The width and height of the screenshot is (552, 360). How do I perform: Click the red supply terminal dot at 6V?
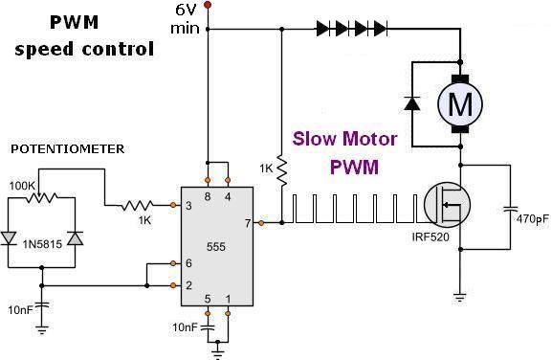208,5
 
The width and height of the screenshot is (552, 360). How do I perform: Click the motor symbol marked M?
460,104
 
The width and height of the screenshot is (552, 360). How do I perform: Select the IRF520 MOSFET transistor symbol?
447,205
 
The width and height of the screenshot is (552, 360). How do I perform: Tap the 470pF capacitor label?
532,219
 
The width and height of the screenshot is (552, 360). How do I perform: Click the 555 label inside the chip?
216,247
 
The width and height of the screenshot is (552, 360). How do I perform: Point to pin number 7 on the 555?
248,223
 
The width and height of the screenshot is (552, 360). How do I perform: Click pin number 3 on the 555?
188,205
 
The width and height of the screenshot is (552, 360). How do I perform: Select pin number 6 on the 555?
188,263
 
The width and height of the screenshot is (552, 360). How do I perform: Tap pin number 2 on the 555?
188,285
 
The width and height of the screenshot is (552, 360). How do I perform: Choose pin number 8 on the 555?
208,196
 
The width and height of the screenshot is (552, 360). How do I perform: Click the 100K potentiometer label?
22,186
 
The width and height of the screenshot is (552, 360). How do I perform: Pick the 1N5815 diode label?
42,244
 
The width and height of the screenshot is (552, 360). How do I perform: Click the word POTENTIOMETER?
68,149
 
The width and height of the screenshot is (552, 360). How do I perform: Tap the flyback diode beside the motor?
412,102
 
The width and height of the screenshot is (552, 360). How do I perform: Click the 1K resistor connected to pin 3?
138,205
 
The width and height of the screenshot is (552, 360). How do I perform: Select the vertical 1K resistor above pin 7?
282,170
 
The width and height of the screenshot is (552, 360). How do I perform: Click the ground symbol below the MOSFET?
460,297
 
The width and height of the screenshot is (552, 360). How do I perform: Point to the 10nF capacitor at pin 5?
208,327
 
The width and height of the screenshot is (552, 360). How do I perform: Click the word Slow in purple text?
314,139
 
